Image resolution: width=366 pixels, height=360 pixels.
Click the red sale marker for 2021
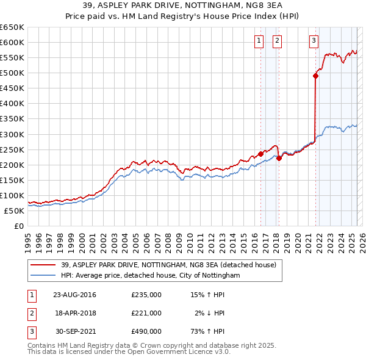pyautogui.click(x=315, y=76)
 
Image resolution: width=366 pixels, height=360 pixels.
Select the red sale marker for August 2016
pyautogui.click(x=260, y=154)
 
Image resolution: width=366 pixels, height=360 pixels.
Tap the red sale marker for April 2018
pyautogui.click(x=279, y=158)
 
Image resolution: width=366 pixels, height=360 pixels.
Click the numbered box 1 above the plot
pyautogui.click(x=259, y=41)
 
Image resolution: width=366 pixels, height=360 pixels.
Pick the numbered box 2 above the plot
pyautogui.click(x=277, y=41)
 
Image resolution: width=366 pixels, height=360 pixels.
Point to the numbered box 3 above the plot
pyautogui.click(x=314, y=41)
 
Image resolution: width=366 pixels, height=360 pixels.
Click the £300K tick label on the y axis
pyautogui.click(x=12, y=134)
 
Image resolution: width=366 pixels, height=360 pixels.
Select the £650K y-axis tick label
pyautogui.click(x=12, y=27)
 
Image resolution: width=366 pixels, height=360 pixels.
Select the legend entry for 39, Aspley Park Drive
pyautogui.click(x=168, y=265)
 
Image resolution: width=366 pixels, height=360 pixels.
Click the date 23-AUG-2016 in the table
pyautogui.click(x=74, y=295)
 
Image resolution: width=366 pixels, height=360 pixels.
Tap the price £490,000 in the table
pyautogui.click(x=146, y=331)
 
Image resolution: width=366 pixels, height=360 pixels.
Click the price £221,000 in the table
pyautogui.click(x=146, y=313)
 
